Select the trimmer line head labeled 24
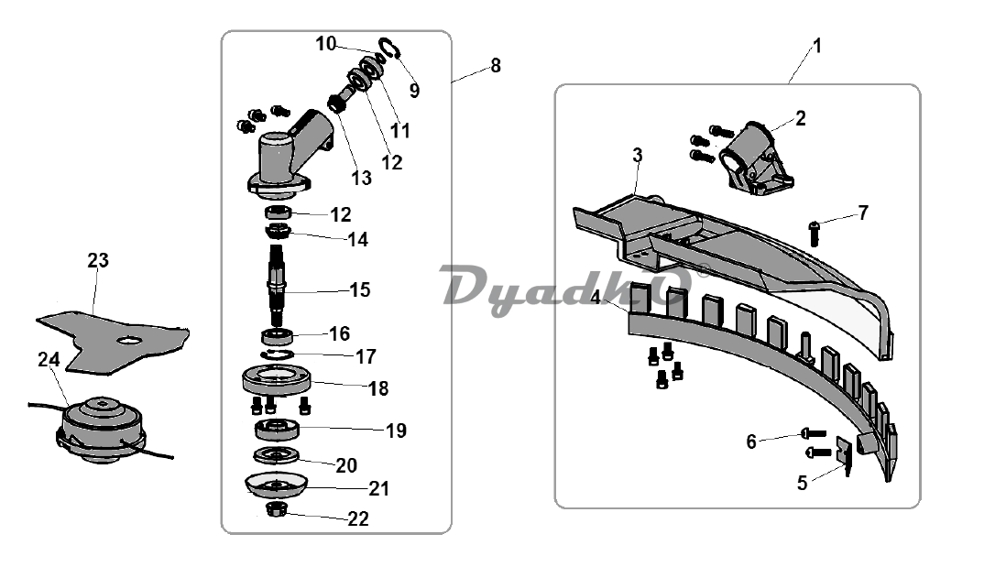(102, 429)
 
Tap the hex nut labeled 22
(277, 509)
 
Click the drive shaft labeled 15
(278, 287)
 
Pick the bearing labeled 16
(278, 335)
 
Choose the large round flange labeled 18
(277, 380)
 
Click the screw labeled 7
(815, 233)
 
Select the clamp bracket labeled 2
(756, 158)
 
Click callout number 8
(496, 65)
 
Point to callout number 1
(816, 46)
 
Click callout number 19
(397, 431)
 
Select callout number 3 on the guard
(637, 155)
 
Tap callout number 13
(362, 178)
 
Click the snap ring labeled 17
(278, 355)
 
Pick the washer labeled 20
(277, 454)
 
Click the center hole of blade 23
(130, 340)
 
